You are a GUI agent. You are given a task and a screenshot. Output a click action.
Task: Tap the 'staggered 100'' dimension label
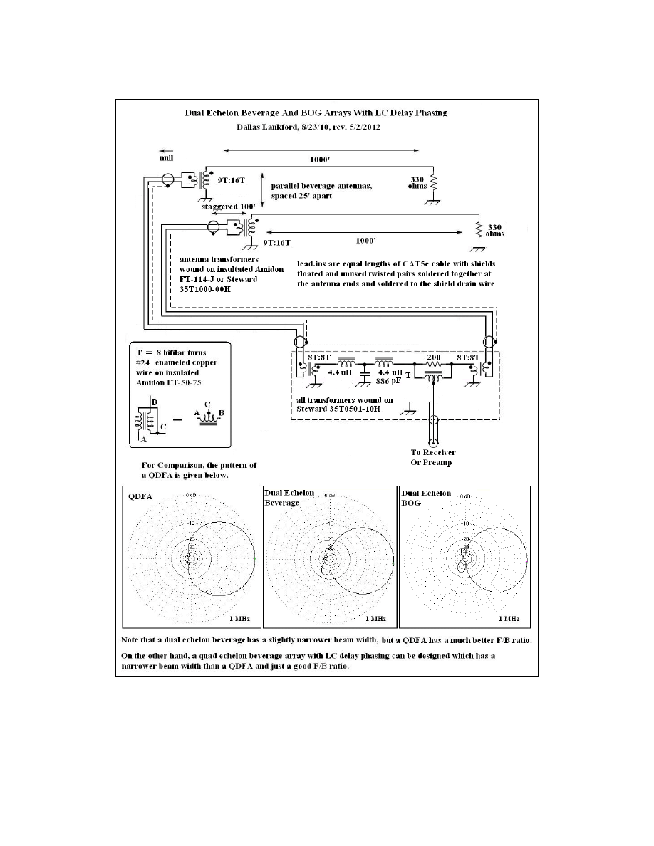218,205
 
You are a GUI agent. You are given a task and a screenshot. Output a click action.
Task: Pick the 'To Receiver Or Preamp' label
432,458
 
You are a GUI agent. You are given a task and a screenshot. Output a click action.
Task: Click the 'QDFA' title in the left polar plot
140,498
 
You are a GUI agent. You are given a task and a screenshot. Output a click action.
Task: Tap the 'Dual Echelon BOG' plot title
426,497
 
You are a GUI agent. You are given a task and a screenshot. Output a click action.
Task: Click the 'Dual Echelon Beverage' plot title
287,497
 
